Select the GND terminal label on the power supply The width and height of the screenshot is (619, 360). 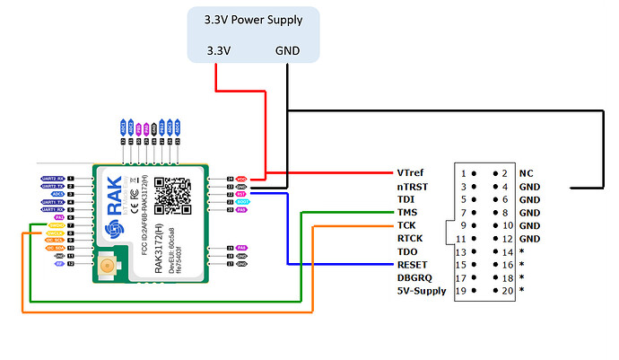pos(287,51)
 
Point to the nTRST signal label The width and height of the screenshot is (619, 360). pos(413,186)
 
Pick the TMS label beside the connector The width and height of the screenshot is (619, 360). pos(408,212)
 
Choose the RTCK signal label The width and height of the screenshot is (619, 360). pos(411,238)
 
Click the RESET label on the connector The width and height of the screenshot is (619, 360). pos(413,264)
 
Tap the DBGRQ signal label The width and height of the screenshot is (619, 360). pos(414,277)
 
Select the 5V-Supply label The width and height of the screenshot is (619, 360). pos(422,290)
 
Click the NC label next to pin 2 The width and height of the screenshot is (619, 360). pos(525,172)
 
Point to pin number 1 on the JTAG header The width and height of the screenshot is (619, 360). pos(464,172)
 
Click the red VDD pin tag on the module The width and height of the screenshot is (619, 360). pos(241,179)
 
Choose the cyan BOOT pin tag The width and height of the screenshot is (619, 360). pos(240,202)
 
